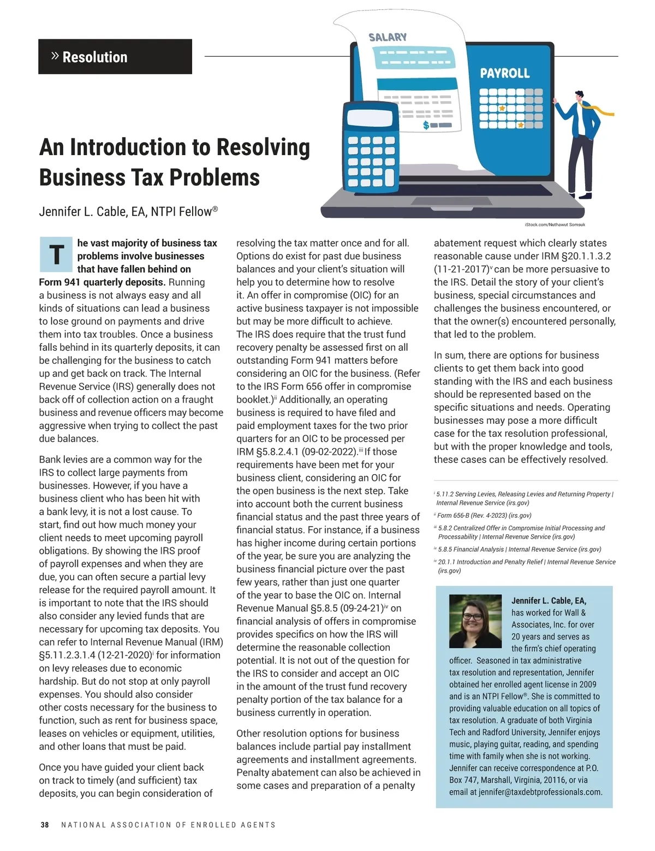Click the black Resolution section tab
point(115,57)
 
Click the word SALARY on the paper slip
point(388,37)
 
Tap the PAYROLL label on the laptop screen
point(504,73)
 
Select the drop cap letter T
point(56,255)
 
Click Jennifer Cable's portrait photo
point(475,621)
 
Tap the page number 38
point(45,825)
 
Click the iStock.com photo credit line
point(555,224)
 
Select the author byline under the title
point(128,211)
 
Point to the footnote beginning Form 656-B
point(483,515)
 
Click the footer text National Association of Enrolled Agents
point(168,825)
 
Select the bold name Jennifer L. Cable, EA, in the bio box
point(549,601)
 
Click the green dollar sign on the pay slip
point(426,126)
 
